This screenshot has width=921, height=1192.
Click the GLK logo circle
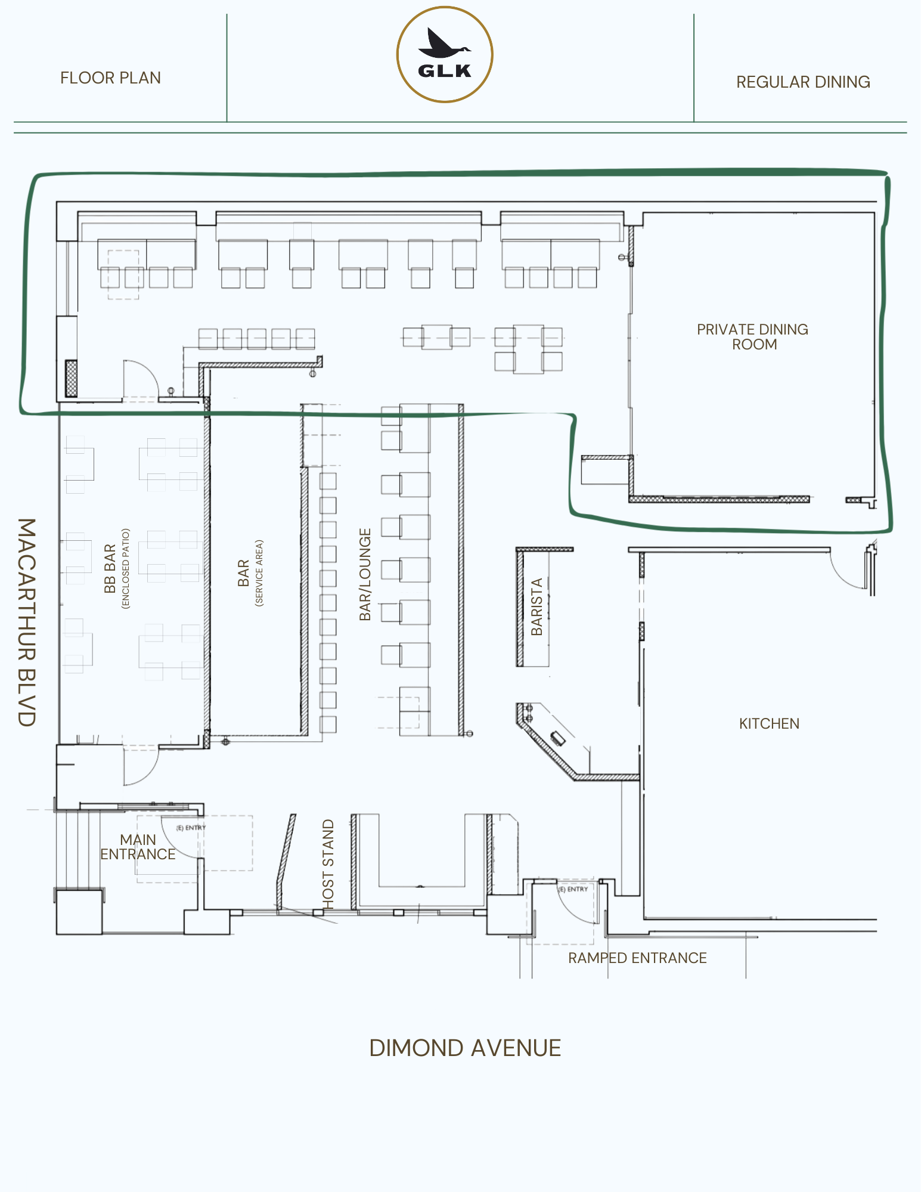tap(445, 55)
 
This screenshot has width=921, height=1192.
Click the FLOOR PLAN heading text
tap(110, 78)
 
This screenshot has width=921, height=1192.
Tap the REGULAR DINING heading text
tap(803, 82)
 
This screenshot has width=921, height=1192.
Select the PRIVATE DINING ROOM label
tap(753, 337)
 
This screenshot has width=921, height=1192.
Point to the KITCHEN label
tap(769, 724)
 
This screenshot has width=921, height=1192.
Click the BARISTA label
tap(537, 607)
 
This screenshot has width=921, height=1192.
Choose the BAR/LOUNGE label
tap(365, 574)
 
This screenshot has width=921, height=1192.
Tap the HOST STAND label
tap(328, 864)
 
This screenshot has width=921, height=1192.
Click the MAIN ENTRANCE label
tap(138, 847)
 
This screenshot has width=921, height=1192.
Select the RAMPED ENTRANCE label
tap(637, 958)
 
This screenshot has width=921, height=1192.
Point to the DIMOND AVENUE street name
tap(465, 1048)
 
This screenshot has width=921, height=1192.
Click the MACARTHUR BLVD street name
tap(27, 622)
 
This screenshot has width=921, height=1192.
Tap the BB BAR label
tap(110, 569)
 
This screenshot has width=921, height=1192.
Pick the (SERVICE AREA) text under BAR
tap(259, 574)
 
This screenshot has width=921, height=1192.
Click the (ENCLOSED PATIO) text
tap(125, 568)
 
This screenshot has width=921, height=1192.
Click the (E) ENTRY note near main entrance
tap(191, 828)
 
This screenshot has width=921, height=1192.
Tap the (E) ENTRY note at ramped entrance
tap(573, 889)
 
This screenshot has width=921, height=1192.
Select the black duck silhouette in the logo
tap(444, 43)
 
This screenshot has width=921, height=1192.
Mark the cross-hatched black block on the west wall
tap(71, 379)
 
